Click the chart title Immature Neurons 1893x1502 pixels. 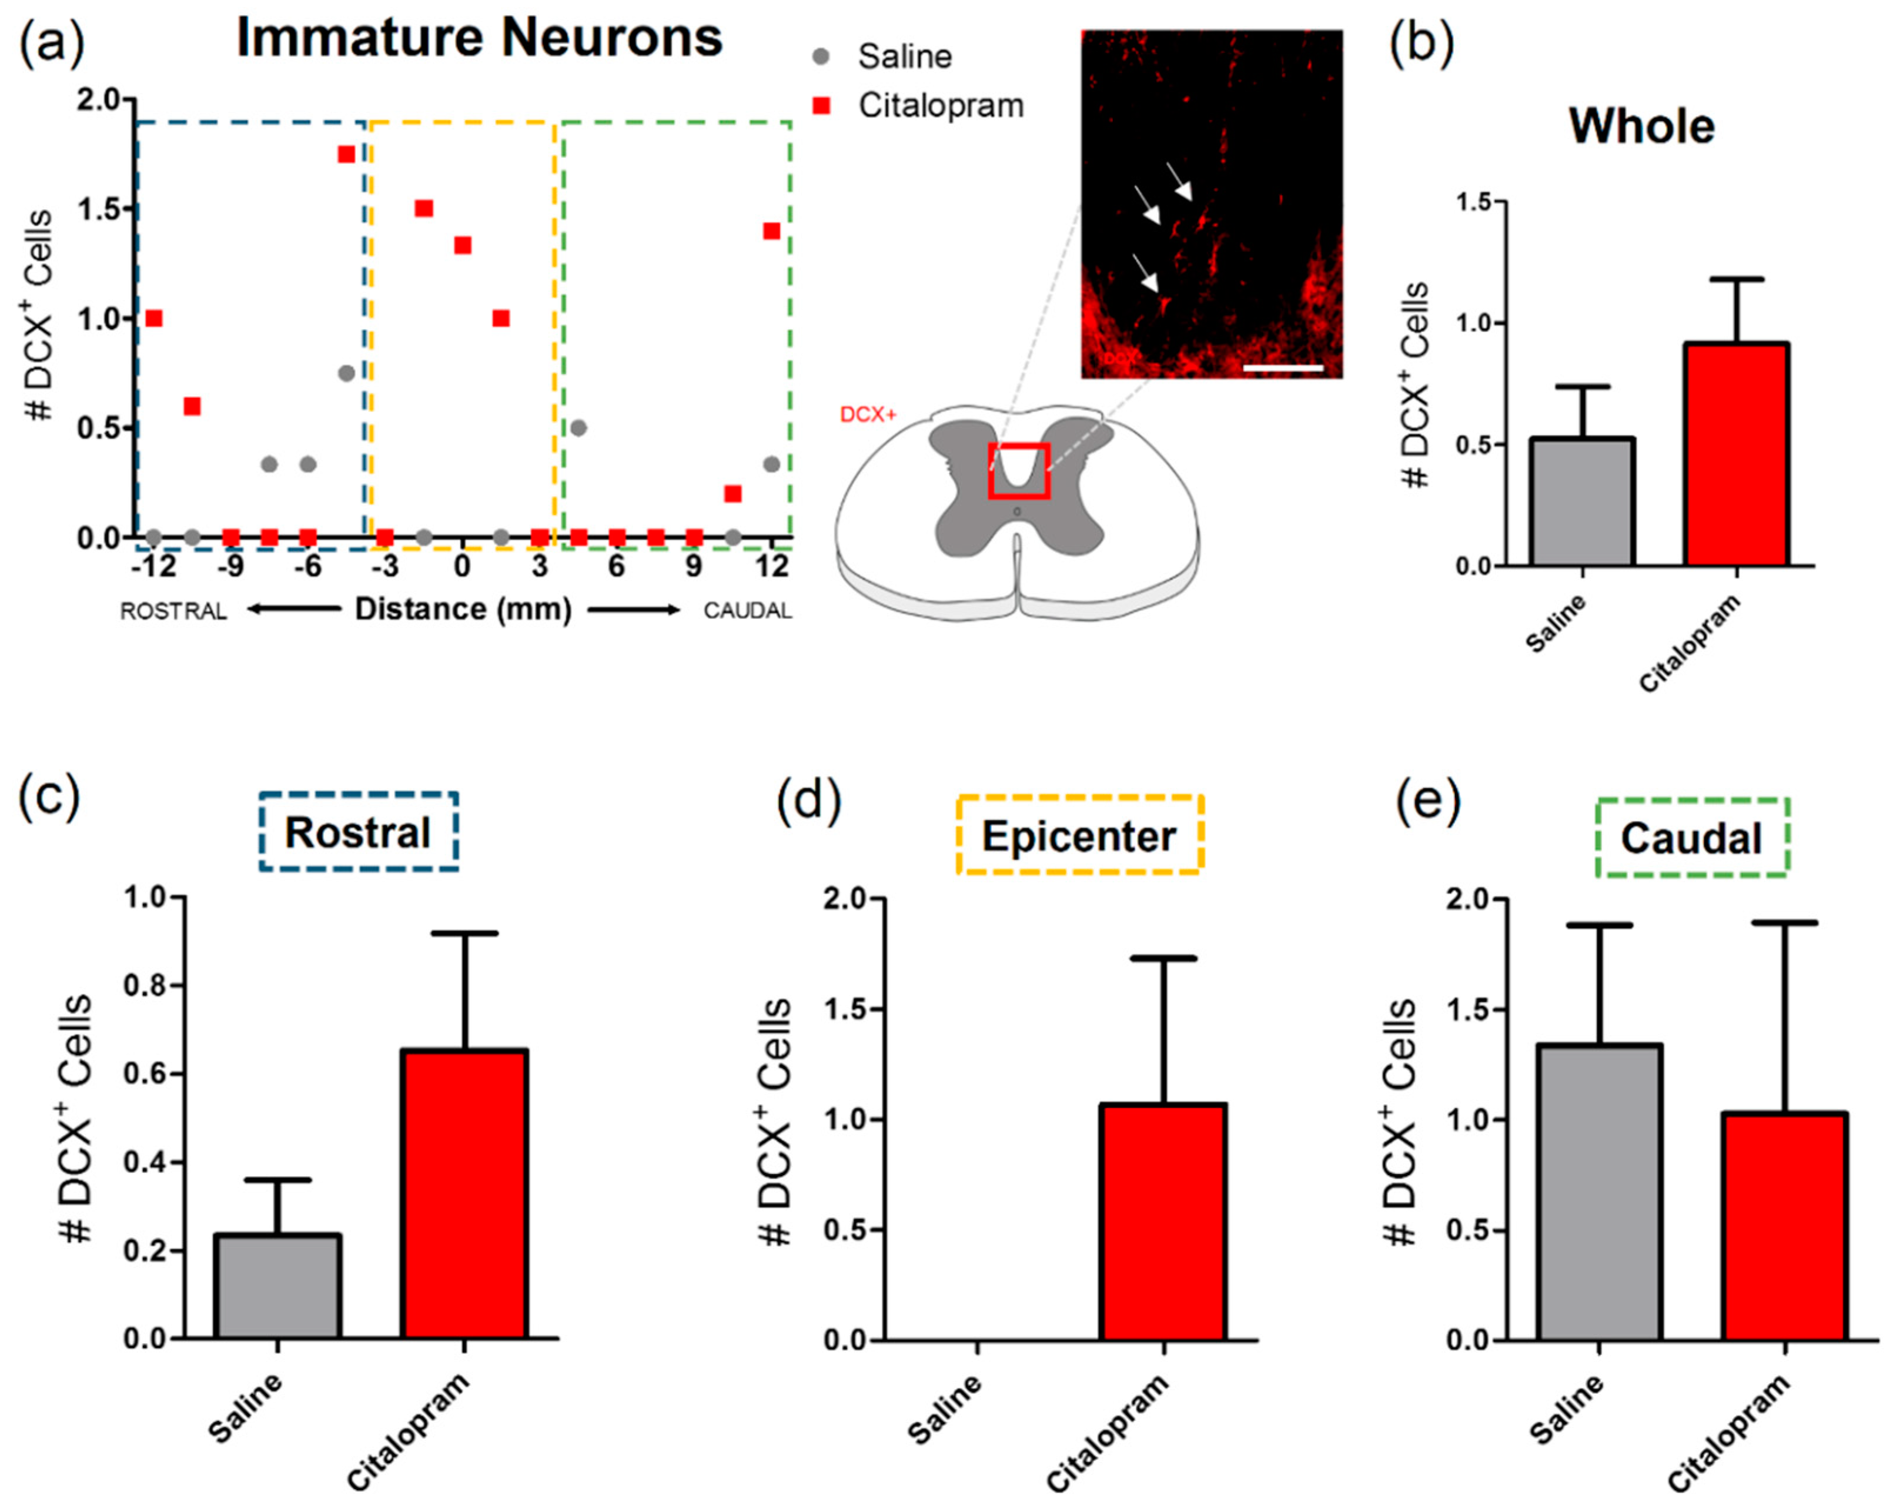[x=479, y=39]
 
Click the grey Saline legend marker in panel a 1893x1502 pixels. [x=821, y=57]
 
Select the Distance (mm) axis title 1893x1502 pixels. [x=463, y=609]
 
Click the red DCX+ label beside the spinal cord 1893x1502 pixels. [x=868, y=414]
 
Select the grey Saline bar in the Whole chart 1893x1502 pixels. [x=1581, y=501]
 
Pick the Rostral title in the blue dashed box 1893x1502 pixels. [x=357, y=832]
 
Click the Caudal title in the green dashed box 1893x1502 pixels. [x=1691, y=838]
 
